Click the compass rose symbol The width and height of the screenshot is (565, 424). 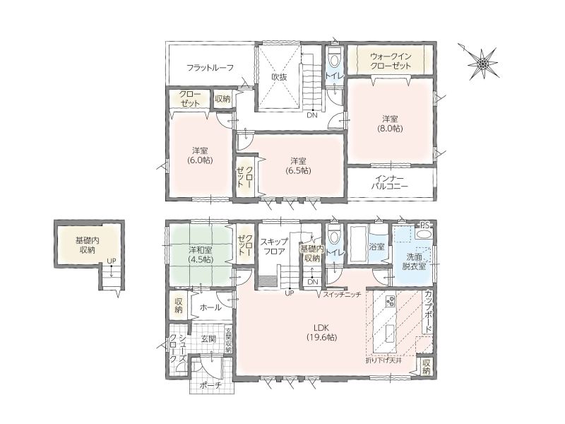tap(482, 64)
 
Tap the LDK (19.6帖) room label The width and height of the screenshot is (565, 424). tap(322, 333)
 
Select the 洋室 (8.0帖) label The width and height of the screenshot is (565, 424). tap(390, 123)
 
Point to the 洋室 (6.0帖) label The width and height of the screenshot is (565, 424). tap(200, 155)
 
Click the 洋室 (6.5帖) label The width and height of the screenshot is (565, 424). tap(299, 165)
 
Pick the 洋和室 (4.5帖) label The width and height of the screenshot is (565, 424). tap(201, 254)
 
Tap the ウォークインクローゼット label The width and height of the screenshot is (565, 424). tap(391, 61)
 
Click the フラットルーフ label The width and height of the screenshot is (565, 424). tap(210, 67)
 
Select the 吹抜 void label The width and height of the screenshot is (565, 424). tap(279, 77)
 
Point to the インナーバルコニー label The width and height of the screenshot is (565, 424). tap(391, 182)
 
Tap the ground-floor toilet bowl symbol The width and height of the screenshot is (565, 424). tap(335, 236)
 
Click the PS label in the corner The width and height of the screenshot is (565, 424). tap(425, 225)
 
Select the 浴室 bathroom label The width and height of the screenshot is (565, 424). tap(377, 247)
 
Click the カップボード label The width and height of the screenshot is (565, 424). tap(429, 312)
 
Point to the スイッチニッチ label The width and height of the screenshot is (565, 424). tap(342, 294)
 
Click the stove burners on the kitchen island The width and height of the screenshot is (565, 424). tap(391, 302)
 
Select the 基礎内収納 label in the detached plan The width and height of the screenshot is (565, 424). tap(87, 245)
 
